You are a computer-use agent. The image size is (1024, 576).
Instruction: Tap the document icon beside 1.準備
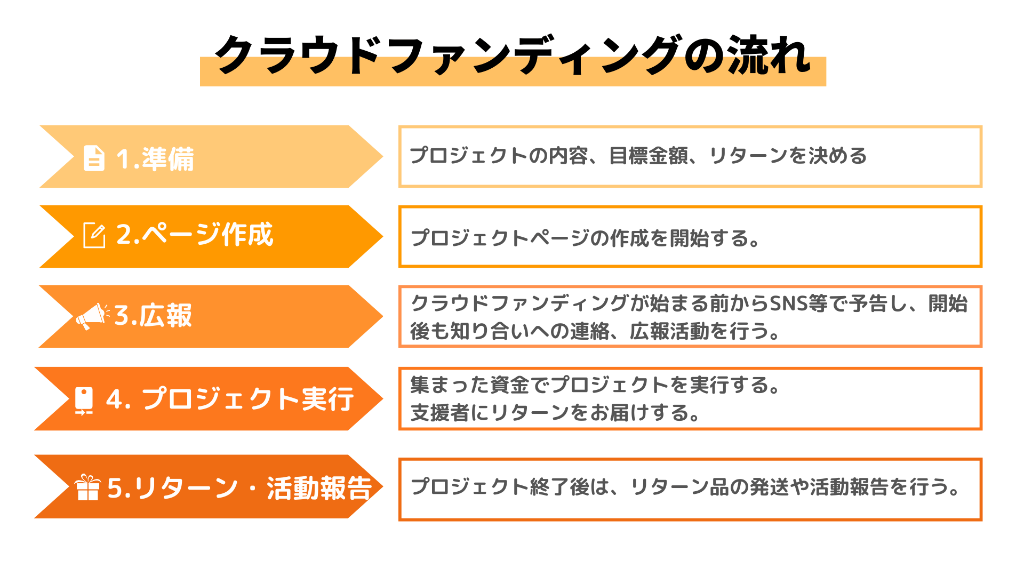tap(94, 158)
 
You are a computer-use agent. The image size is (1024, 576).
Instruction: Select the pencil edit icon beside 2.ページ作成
tap(94, 235)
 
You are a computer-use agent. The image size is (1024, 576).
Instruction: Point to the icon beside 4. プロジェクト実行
tap(84, 400)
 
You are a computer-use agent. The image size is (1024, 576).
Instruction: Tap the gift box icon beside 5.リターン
tap(87, 487)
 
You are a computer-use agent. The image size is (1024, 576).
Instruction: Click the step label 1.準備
tap(155, 159)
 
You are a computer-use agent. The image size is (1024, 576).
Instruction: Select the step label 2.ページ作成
tap(195, 235)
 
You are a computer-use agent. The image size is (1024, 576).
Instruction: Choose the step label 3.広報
tap(153, 316)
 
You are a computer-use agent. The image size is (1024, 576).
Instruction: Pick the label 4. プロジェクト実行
tap(230, 399)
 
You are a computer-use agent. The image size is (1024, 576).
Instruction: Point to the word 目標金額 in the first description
tap(649, 156)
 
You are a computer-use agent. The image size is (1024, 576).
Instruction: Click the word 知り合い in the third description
tap(469, 331)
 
